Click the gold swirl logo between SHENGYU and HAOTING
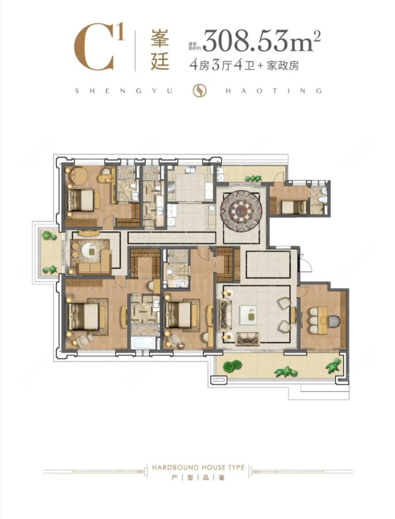click(199, 91)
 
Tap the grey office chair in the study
click(334, 321)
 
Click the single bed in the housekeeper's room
click(293, 208)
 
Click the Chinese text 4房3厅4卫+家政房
click(244, 66)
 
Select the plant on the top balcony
click(253, 178)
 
